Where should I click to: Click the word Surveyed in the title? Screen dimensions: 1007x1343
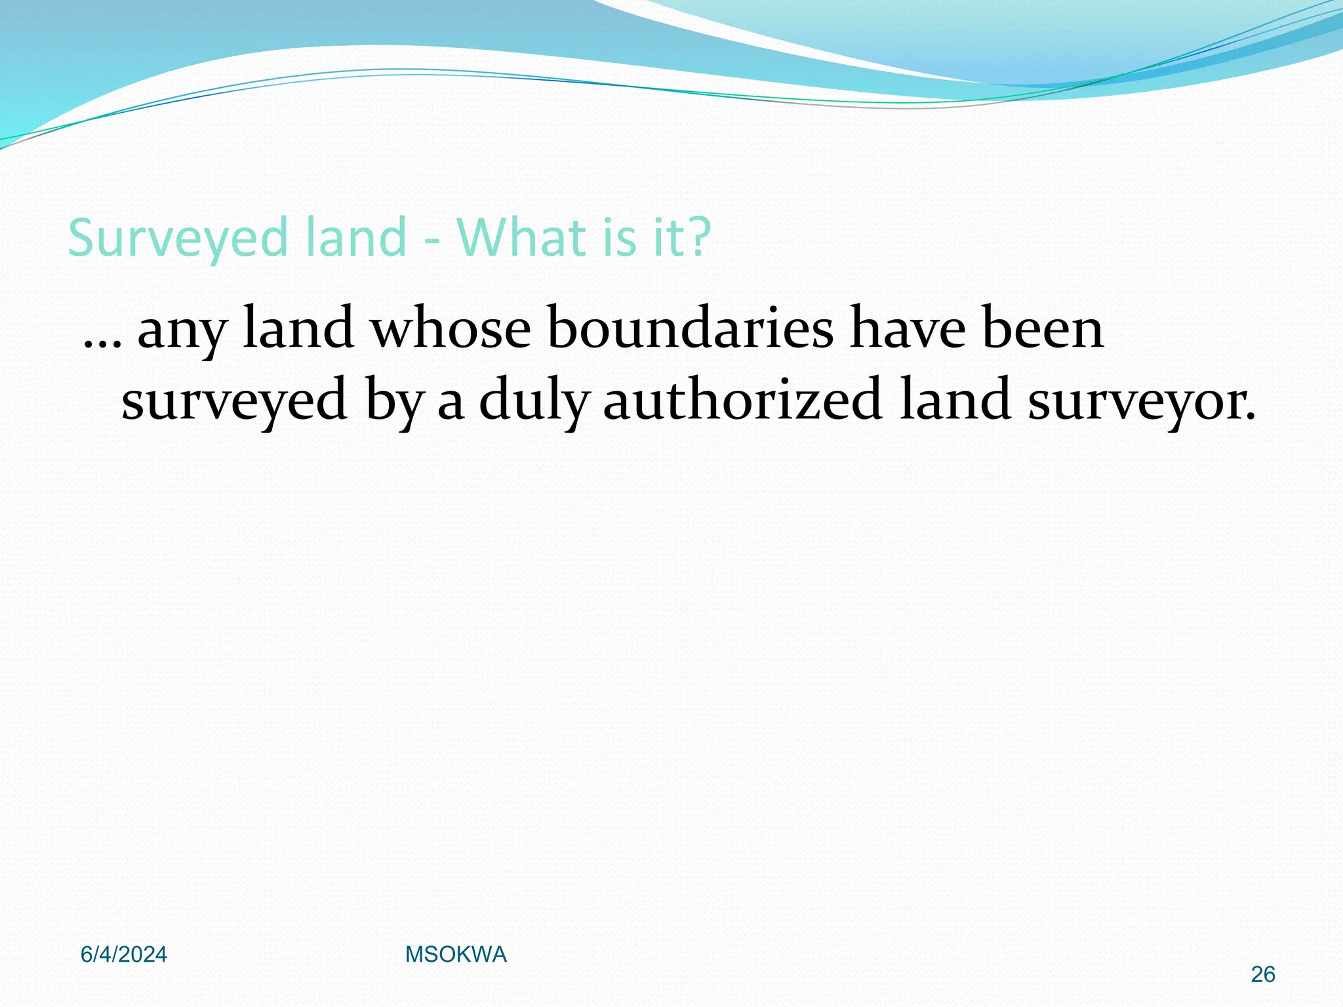(178, 239)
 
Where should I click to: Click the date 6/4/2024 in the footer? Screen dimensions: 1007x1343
(124, 955)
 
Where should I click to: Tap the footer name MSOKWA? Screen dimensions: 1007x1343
(456, 955)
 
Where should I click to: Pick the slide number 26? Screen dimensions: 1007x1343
(1262, 975)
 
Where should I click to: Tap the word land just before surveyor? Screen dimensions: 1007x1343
(954, 400)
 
